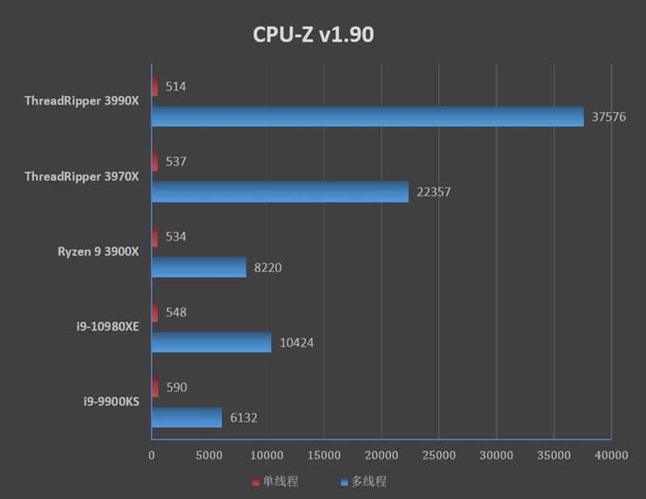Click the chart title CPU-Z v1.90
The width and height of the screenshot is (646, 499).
pos(313,35)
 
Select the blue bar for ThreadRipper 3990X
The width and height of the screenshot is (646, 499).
pos(367,116)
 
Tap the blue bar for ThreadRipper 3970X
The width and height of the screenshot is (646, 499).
pos(279,191)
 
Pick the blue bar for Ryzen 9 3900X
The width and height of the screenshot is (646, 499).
pos(199,266)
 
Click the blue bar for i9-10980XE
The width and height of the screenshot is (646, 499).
pos(212,342)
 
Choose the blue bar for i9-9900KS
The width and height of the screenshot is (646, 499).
pos(187,417)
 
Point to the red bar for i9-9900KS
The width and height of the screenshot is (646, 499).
pos(155,388)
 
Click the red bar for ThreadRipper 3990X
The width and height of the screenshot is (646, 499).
pos(155,86)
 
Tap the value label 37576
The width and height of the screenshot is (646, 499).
pos(609,117)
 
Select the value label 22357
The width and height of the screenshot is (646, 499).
pos(434,192)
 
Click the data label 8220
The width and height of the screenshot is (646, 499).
pos(267,267)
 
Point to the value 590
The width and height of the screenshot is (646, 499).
pos(176,388)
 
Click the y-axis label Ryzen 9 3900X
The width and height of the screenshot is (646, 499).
pos(98,251)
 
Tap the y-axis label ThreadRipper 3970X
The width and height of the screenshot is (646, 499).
pos(82,176)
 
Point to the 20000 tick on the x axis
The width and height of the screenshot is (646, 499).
pos(381,455)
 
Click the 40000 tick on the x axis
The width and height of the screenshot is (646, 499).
pos(610,455)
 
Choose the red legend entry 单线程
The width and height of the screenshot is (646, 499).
pos(275,482)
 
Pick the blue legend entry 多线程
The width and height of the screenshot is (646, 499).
pos(363,482)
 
